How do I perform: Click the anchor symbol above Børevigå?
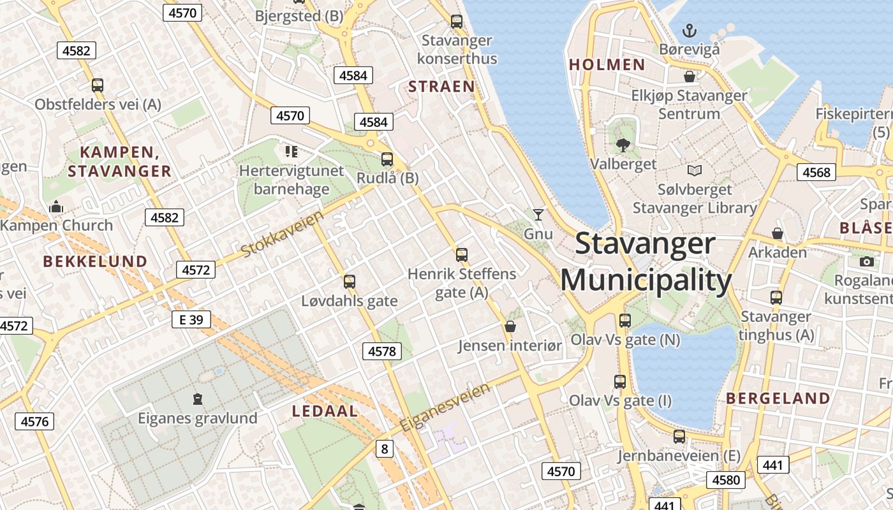[689, 29]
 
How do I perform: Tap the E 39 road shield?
[191, 319]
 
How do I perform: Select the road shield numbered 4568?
[816, 172]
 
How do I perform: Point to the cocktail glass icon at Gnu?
[538, 215]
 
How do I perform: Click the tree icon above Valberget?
[623, 145]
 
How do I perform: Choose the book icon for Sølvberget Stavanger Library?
[694, 171]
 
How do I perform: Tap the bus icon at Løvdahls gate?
[350, 281]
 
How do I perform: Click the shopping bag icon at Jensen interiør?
[510, 326]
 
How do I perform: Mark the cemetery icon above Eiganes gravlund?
[198, 399]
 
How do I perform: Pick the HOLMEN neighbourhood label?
[607, 64]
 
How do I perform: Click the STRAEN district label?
[441, 87]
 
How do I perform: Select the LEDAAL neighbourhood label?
[325, 411]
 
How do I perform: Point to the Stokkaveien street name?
[283, 235]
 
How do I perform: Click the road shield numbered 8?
[384, 449]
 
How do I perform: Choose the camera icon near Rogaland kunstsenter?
[866, 261]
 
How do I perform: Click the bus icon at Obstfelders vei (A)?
[98, 85]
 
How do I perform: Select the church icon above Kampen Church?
[56, 207]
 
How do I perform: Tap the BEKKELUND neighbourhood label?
[95, 261]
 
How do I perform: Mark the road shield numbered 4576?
[34, 421]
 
